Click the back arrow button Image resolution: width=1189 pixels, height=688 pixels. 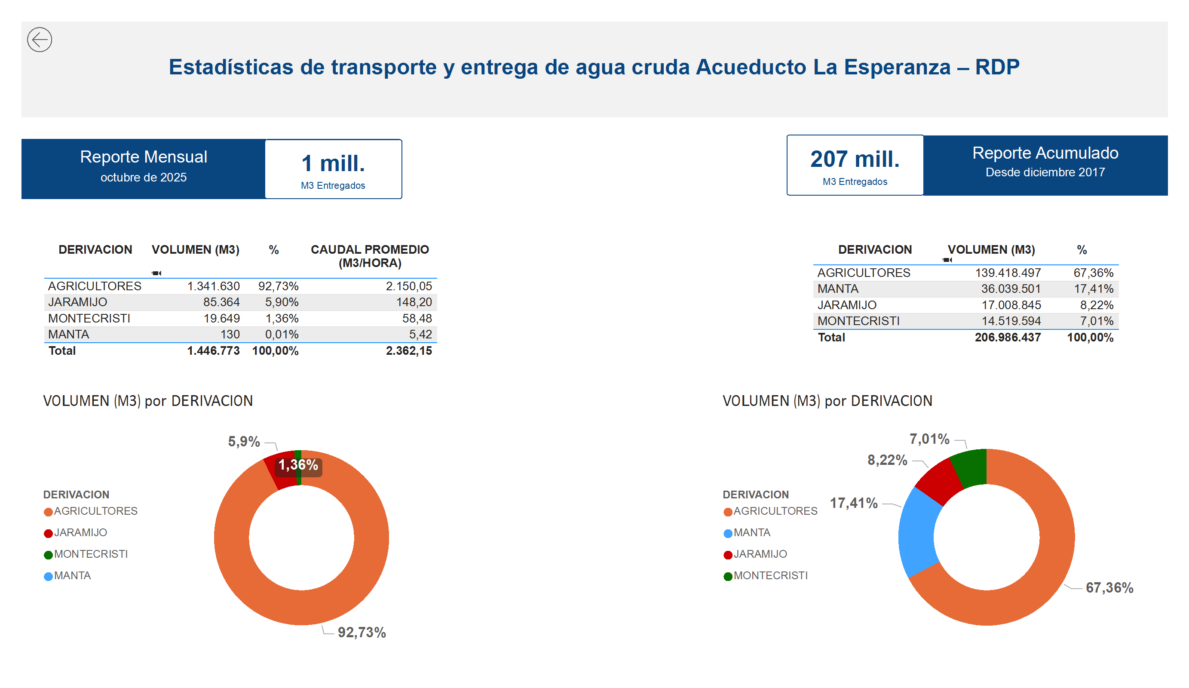coord(40,40)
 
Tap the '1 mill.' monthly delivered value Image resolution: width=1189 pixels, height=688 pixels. coord(333,164)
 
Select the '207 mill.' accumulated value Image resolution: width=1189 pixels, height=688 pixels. coord(855,160)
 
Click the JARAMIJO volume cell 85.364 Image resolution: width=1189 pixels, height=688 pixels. coord(221,302)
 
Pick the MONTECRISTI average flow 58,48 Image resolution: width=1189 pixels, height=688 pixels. coord(417,319)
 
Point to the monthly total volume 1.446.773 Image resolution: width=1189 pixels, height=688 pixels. coord(213,350)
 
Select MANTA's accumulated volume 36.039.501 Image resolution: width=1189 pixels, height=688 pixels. coord(1011,289)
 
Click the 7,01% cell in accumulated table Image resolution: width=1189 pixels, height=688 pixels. coord(1097,321)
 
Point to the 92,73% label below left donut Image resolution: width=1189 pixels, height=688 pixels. coord(362,633)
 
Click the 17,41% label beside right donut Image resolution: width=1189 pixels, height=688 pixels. coord(854,503)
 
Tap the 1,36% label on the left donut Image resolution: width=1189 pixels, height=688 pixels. coord(298,465)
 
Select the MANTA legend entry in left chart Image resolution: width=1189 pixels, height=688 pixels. coord(72,576)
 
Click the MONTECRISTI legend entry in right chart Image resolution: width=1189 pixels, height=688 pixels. coord(770,576)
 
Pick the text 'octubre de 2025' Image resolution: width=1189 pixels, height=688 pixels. coord(144,178)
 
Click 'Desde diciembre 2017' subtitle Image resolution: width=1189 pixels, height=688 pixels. coord(1045,172)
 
